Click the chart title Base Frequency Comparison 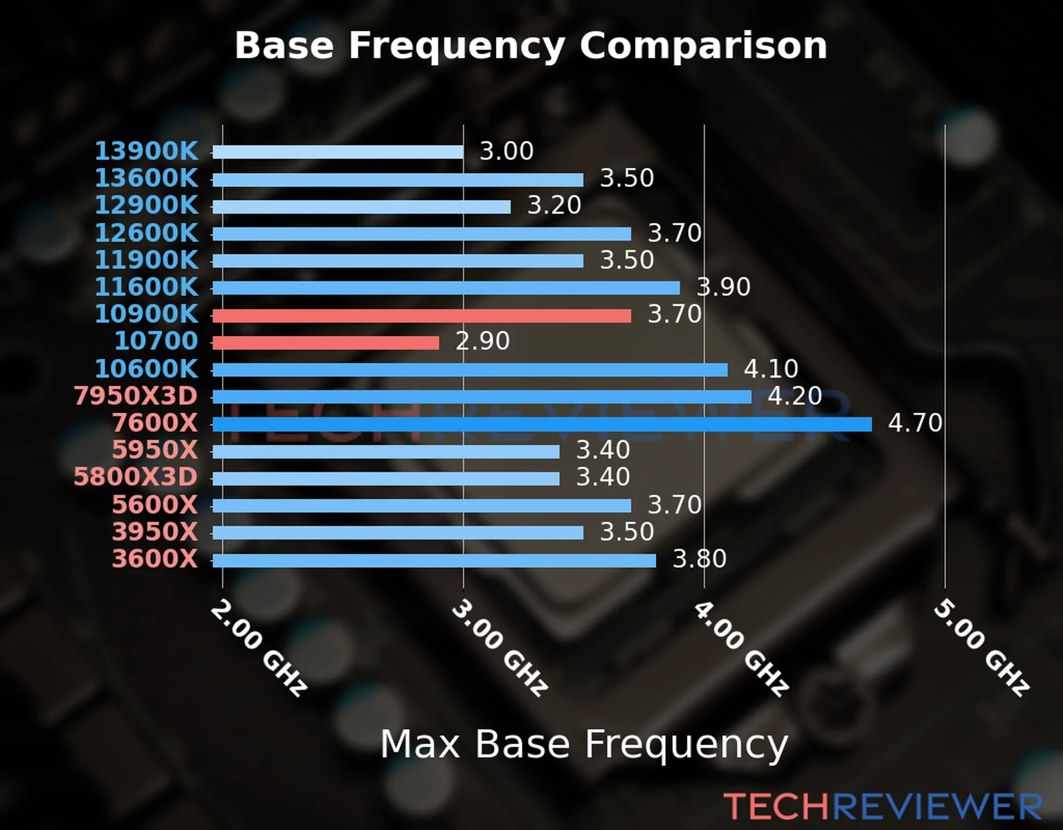click(531, 46)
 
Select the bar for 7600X click(542, 424)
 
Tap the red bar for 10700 click(325, 342)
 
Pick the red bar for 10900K click(421, 315)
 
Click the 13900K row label click(146, 151)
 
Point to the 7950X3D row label click(136, 396)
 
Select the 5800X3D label click(136, 477)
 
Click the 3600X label click(155, 559)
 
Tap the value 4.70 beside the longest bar click(915, 423)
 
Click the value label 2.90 click(482, 341)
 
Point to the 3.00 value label click(507, 151)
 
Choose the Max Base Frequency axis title click(584, 744)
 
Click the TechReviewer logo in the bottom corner click(882, 806)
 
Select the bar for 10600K click(470, 370)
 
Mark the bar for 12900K click(361, 207)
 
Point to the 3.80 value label click(700, 559)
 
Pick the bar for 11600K click(446, 288)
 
